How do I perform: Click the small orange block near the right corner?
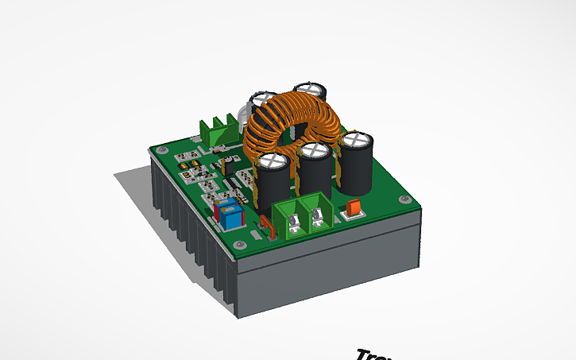354,208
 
